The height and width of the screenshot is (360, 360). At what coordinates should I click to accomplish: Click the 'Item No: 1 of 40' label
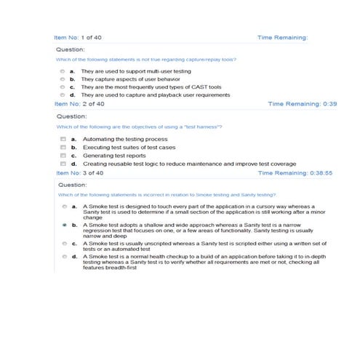[79, 36]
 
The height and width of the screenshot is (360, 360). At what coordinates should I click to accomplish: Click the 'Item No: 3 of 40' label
[79, 173]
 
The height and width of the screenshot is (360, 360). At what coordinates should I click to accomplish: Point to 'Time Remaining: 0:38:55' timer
[299, 173]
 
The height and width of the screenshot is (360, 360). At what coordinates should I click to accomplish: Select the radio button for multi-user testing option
[63, 71]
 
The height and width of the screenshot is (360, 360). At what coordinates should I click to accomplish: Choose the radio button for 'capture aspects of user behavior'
[63, 79]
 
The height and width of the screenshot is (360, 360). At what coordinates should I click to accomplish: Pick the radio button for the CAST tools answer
[63, 87]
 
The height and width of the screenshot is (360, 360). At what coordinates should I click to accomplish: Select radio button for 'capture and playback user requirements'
[63, 95]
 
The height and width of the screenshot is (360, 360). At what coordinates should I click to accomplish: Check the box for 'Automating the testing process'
[63, 139]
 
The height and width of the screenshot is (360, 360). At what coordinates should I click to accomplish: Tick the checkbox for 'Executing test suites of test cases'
[63, 147]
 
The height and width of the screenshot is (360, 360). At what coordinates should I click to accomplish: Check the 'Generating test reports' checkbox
[63, 155]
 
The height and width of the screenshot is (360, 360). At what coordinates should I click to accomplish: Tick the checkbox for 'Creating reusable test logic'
[63, 164]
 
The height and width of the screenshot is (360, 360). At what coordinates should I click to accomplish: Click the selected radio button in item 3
[64, 226]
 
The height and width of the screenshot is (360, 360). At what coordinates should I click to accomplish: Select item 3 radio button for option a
[64, 207]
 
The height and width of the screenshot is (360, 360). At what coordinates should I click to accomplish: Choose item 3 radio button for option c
[64, 243]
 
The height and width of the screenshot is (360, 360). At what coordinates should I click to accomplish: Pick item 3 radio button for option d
[64, 257]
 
